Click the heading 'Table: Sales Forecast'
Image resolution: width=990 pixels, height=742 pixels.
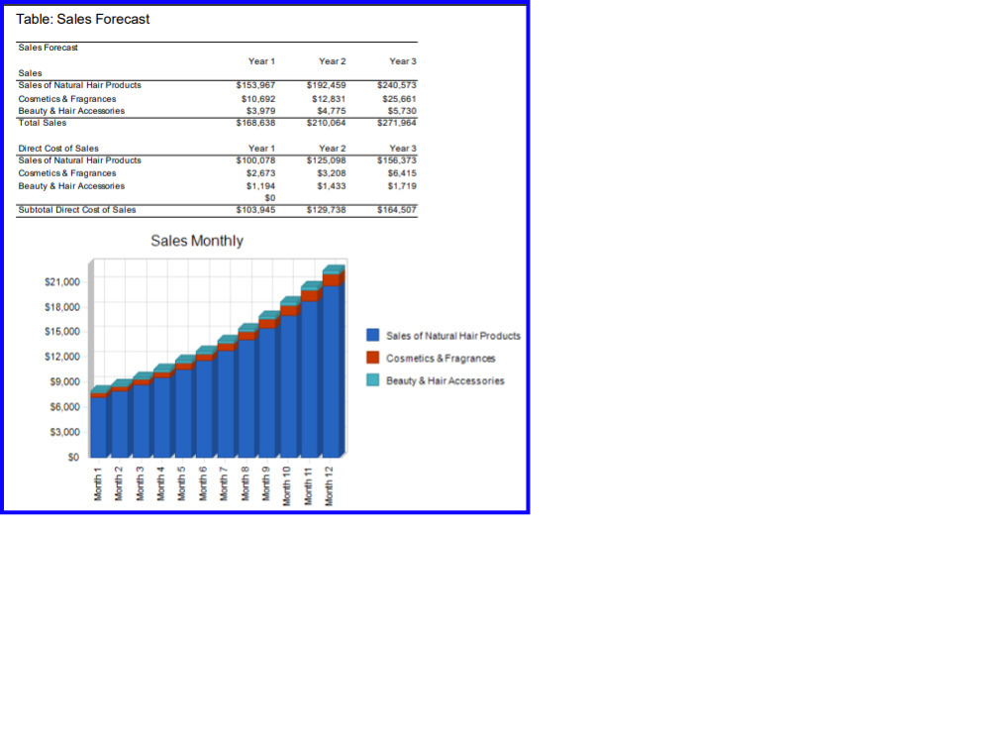(83, 19)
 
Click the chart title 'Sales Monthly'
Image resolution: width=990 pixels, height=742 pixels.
(197, 241)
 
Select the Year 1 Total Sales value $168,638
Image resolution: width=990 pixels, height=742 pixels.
(255, 123)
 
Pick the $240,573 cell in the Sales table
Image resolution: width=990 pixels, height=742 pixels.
(397, 84)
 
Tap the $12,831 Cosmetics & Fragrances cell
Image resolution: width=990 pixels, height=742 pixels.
(329, 99)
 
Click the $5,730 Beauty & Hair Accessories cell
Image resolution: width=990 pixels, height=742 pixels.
(402, 111)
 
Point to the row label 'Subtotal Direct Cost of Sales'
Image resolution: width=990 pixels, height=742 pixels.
(77, 210)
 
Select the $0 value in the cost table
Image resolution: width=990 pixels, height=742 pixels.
(269, 198)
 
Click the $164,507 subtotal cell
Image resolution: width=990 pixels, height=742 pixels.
(397, 210)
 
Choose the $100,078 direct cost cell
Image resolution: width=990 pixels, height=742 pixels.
(255, 160)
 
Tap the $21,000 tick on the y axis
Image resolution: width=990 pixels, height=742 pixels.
(61, 282)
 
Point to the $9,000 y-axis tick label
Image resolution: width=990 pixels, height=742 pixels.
(64, 381)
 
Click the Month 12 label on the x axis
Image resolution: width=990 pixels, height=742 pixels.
(329, 485)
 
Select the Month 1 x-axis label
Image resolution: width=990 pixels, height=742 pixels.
(98, 484)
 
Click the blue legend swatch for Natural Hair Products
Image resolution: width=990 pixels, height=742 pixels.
(373, 335)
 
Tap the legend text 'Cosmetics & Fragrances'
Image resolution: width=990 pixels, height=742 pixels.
(441, 359)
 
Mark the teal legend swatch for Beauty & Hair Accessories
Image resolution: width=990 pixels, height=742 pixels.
(373, 379)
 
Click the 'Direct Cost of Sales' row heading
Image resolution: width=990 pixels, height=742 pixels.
(58, 149)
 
